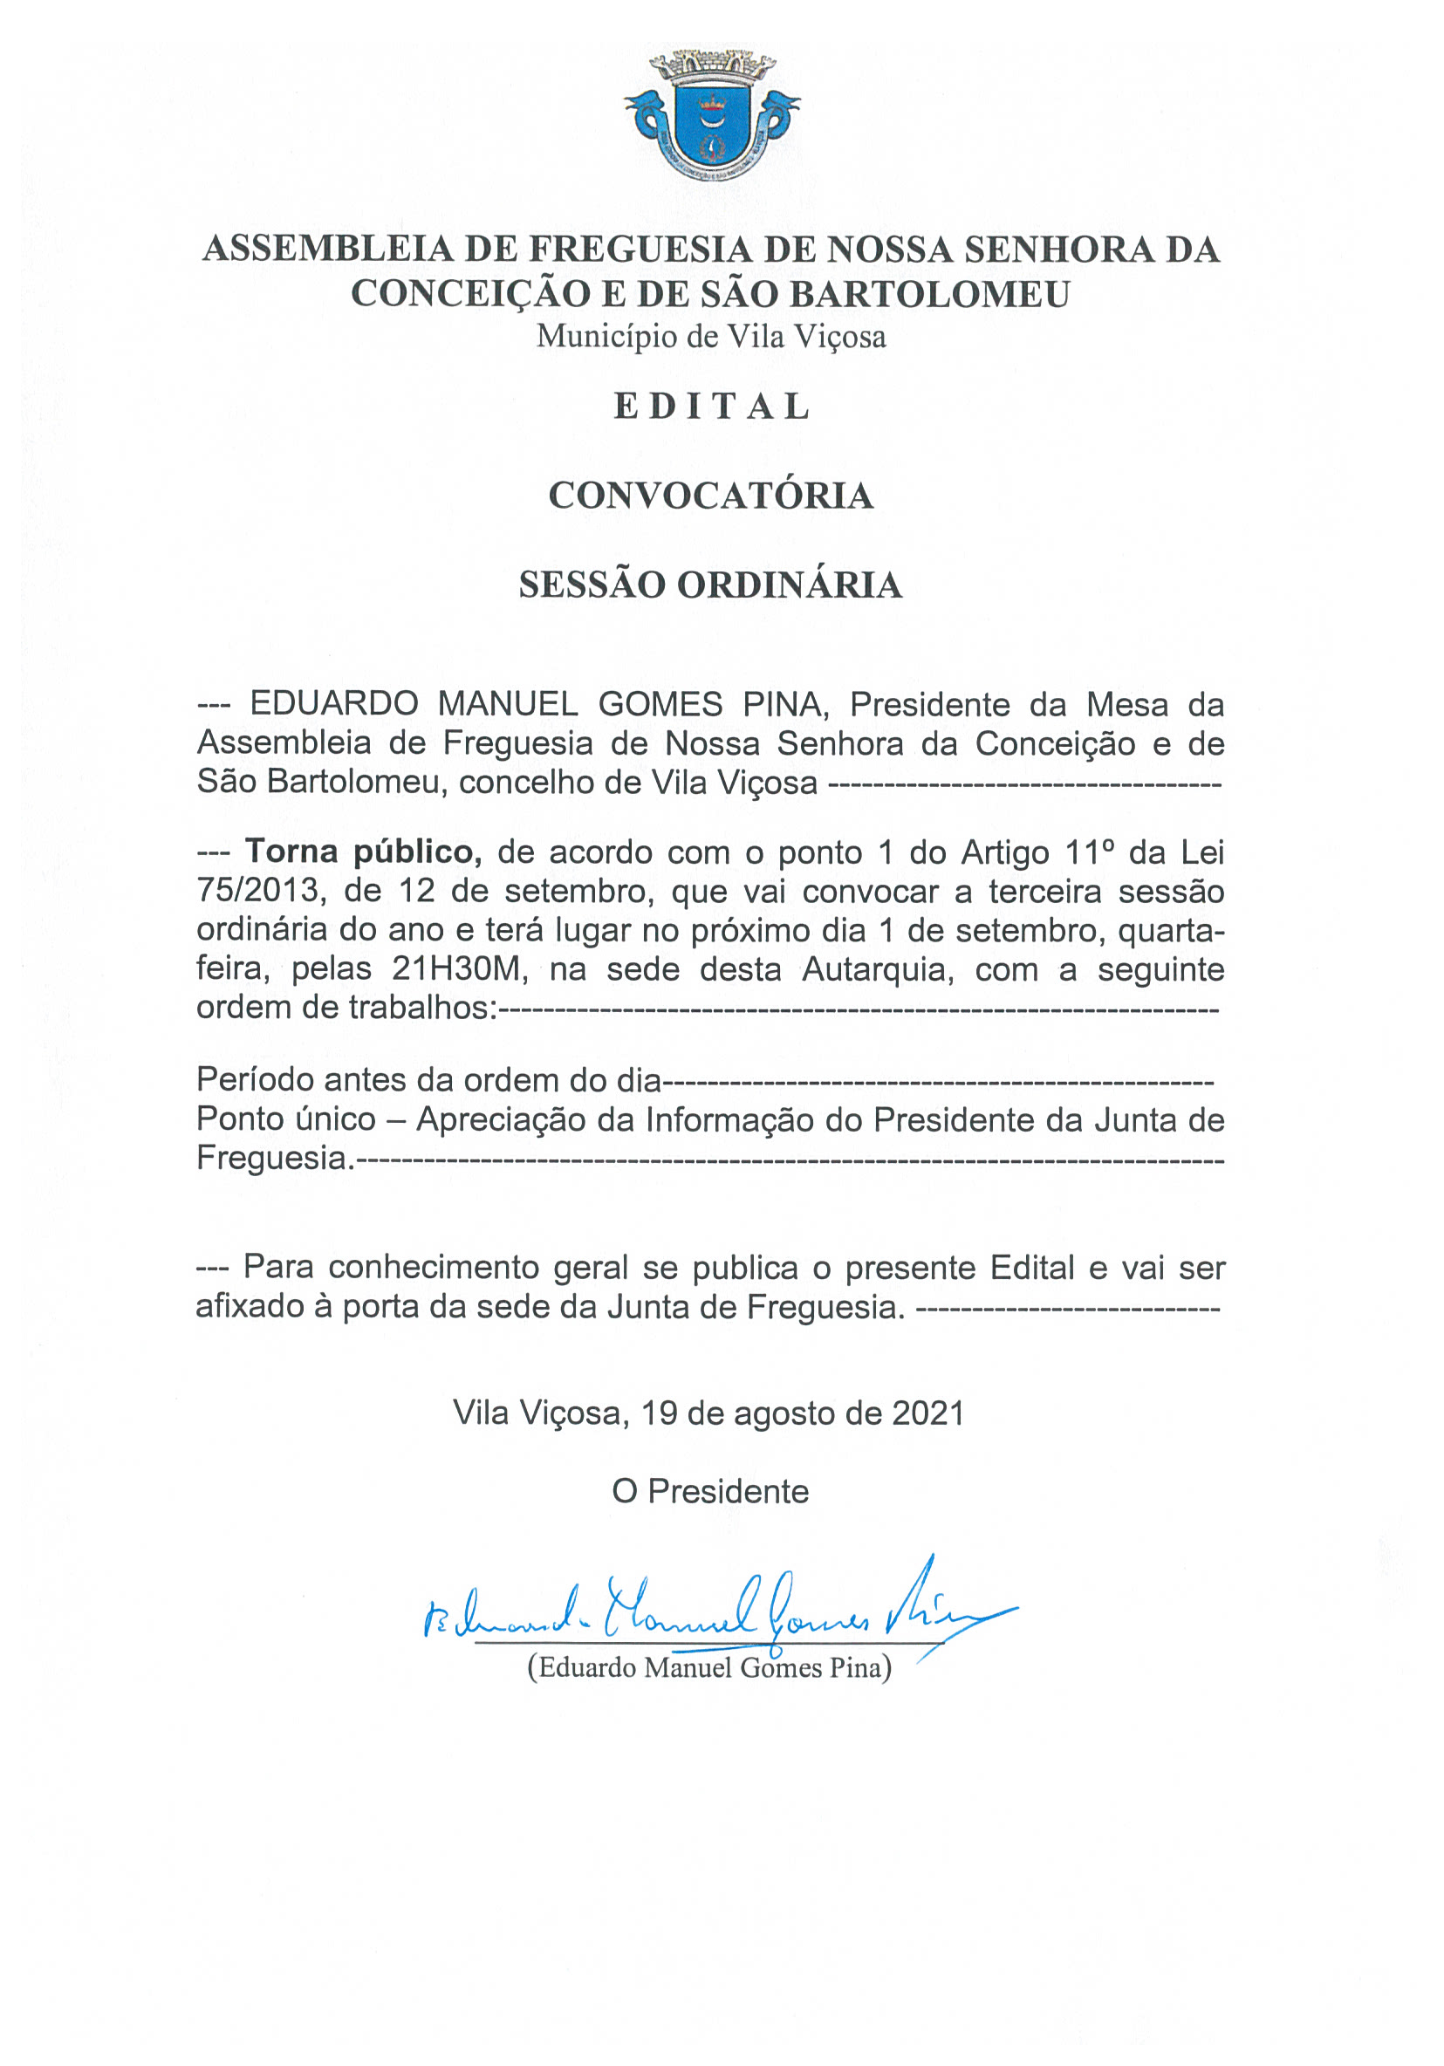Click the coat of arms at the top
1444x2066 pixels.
click(x=712, y=116)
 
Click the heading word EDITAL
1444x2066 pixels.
click(x=712, y=407)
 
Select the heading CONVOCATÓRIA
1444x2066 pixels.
click(x=711, y=496)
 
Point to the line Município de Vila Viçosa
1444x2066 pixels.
click(x=711, y=337)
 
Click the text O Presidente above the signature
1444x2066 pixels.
click(x=710, y=1491)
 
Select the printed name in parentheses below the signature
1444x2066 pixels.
click(x=709, y=1667)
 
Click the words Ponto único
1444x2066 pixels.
click(x=286, y=1119)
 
